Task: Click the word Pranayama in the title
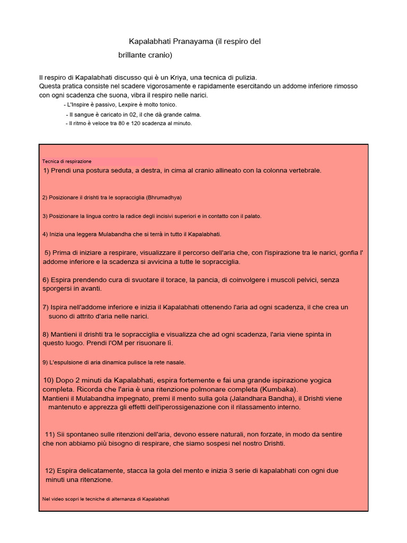[194, 41]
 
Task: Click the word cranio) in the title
[158, 55]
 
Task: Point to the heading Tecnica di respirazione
[67, 161]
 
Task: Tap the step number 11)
[51, 434]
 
